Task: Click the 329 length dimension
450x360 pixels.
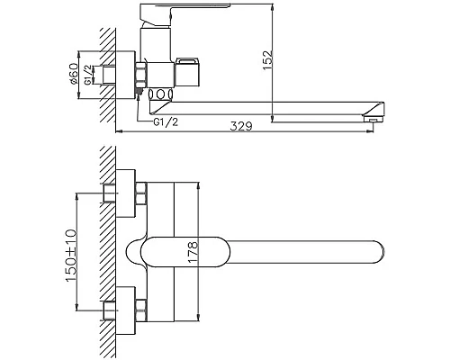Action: tap(241, 126)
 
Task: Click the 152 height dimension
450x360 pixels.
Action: tap(268, 60)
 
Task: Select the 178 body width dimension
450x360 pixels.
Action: tap(193, 252)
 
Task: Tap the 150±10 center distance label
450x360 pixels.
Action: tap(71, 256)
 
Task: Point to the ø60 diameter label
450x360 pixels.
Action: tap(73, 74)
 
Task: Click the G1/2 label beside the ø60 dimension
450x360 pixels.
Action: tap(87, 75)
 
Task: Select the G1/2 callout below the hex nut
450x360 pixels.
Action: tap(166, 122)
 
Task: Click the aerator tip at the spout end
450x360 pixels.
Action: tap(373, 119)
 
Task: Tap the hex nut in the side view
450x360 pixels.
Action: tap(140, 76)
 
